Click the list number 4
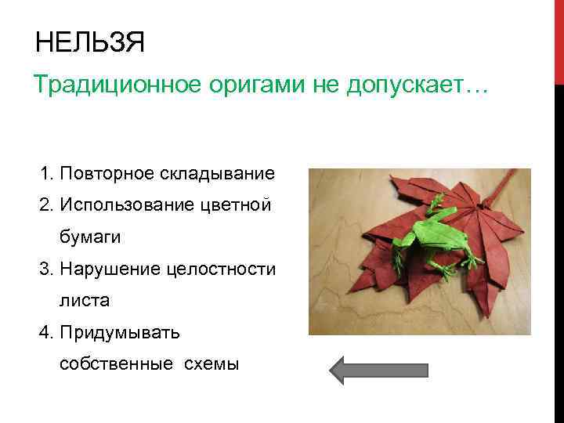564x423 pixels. (x=44, y=332)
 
